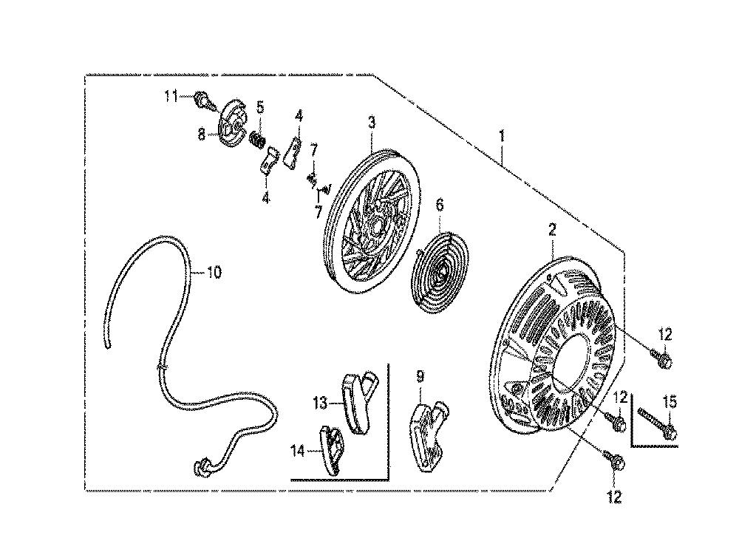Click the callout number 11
coord(171,97)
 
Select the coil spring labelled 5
coord(257,138)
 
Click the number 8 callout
coord(202,135)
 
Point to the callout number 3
coord(372,123)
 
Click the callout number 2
coord(552,230)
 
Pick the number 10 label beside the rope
coord(214,272)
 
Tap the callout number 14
coord(298,452)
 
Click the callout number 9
coord(420,376)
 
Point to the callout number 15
coord(670,402)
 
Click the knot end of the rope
coord(202,466)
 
